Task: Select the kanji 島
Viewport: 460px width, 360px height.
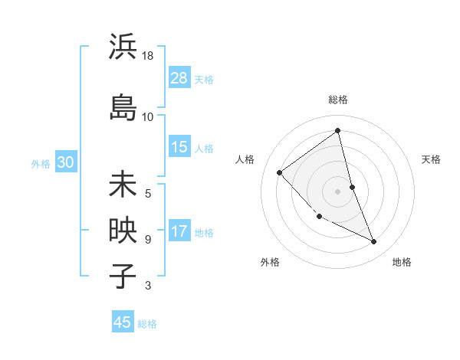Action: (x=123, y=106)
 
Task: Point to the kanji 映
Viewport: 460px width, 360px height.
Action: (x=123, y=231)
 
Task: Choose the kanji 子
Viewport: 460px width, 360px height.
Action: (x=123, y=276)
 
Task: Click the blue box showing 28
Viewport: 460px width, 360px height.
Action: (x=179, y=78)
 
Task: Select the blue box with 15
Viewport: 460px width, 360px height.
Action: (x=179, y=147)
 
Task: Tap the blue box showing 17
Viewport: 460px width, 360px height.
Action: (x=179, y=232)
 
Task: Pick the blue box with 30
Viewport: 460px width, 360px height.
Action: (x=65, y=162)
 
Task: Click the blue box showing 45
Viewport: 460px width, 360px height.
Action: (x=123, y=322)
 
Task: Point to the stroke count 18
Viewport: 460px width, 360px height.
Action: (x=148, y=57)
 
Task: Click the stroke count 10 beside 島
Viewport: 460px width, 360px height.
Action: (x=148, y=117)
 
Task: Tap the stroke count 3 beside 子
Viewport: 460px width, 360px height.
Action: (x=148, y=286)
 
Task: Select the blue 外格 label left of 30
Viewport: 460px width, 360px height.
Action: (x=41, y=163)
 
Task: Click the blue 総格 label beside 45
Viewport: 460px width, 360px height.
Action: (x=147, y=323)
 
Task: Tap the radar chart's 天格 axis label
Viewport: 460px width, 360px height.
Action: (x=432, y=159)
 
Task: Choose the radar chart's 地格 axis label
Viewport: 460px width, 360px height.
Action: (x=402, y=262)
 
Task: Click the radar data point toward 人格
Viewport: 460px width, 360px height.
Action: (x=280, y=172)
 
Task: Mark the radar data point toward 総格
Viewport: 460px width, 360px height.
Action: (x=337, y=131)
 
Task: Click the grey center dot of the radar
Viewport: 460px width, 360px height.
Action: (x=337, y=191)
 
